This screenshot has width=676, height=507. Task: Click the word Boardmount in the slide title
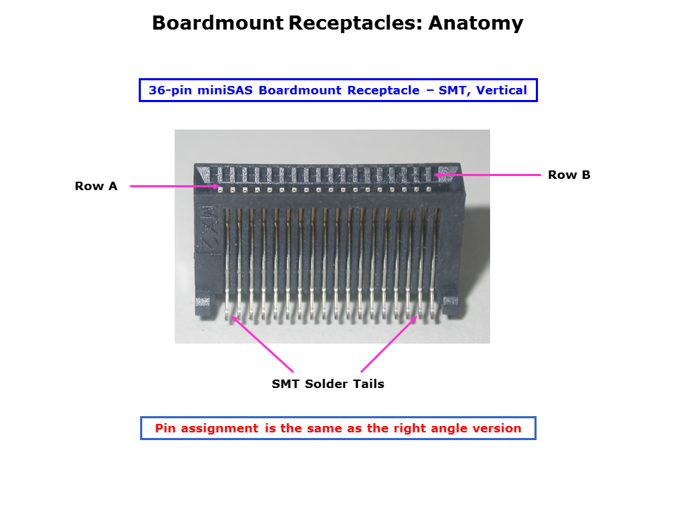coord(218,23)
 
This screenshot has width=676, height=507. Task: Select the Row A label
coord(96,187)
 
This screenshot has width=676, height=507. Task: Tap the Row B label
coord(569,175)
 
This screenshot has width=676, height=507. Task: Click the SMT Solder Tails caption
coord(328,384)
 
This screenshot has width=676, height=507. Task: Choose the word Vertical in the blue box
coord(502,90)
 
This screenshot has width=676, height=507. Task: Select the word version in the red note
coord(496,428)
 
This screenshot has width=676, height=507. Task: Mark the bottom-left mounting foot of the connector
coord(203,303)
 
